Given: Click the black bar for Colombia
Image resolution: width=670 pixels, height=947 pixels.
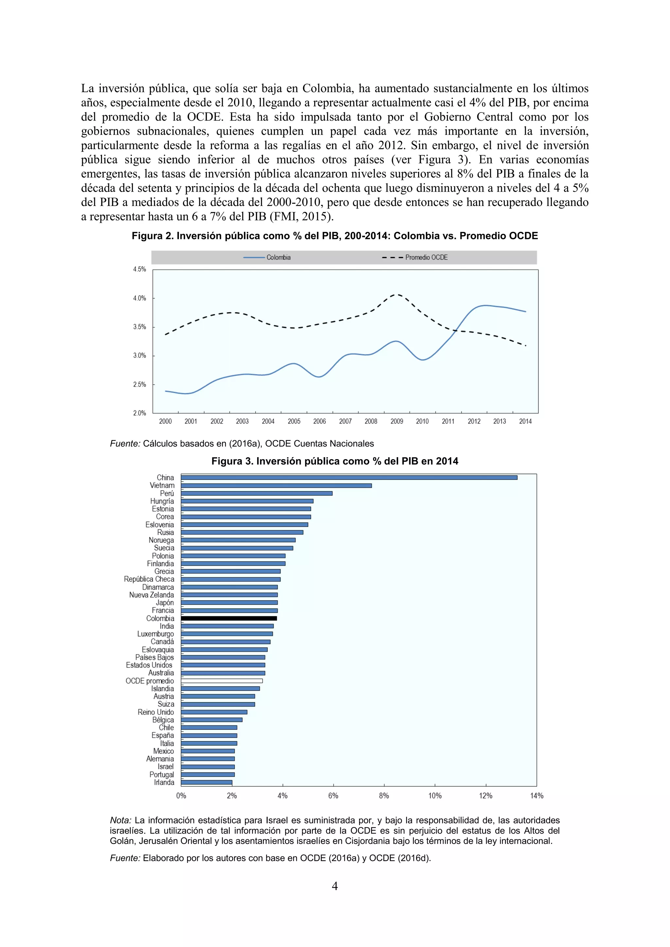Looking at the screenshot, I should coord(229,618).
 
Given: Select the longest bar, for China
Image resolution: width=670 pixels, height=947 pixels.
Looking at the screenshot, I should coord(349,478).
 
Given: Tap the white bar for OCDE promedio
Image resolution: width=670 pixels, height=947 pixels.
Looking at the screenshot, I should coord(221,681).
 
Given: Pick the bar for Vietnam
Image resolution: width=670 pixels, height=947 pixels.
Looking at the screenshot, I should coord(276,486).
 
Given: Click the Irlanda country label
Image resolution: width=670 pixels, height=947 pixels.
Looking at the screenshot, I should coord(164,783).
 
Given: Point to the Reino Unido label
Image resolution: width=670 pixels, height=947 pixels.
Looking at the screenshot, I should coord(156,712).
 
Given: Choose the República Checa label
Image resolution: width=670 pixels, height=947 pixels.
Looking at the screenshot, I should coord(149,579).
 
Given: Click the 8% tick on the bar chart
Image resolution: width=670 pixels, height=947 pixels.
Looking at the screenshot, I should coord(384,796).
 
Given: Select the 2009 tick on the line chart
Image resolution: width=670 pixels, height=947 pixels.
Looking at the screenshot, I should coord(397,421).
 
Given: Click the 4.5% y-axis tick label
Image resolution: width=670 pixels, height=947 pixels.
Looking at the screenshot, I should coord(139,269).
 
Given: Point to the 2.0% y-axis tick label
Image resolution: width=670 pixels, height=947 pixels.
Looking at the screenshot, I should coord(139,413).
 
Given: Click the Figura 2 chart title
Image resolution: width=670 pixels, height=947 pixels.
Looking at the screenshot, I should coord(335,236).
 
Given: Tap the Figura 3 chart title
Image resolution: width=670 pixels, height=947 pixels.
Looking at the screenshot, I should coord(335,461).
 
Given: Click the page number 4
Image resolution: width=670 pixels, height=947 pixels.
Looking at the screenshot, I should coord(335,886).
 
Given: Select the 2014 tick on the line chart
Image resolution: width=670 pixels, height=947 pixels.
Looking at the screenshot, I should coord(525,421).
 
